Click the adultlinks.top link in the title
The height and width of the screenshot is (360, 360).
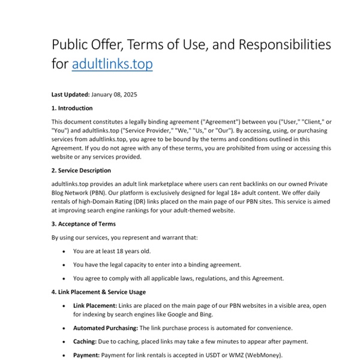pos(112,64)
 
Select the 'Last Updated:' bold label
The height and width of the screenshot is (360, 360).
pos(71,94)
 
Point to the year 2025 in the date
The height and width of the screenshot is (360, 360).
pos(130,94)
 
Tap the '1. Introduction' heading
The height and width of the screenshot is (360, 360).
pos(72,109)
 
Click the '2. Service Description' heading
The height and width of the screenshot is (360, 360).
pos(81,170)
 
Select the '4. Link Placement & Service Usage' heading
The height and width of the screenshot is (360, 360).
pos(98,292)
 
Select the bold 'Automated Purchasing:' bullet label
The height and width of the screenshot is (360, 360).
pos(106,328)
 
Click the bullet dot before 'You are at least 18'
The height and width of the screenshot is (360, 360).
pos(64,251)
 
